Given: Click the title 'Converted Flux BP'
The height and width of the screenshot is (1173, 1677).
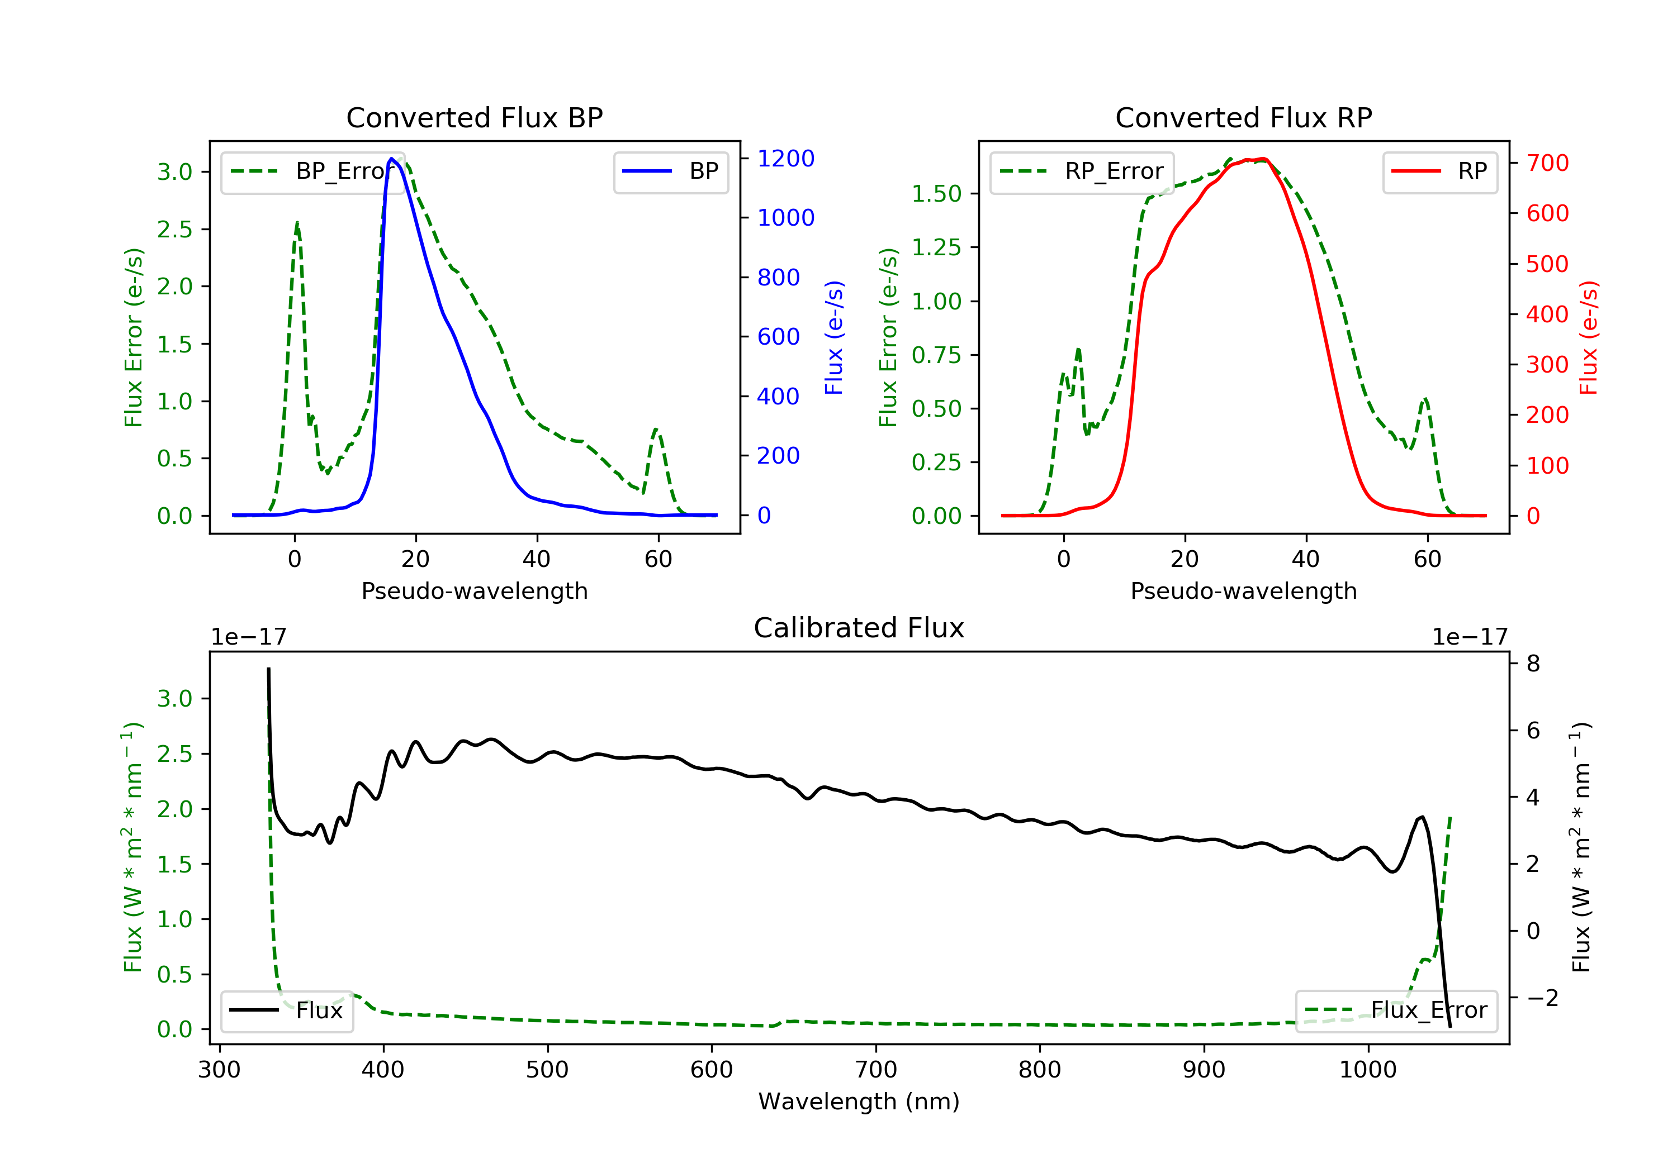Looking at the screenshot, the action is [474, 117].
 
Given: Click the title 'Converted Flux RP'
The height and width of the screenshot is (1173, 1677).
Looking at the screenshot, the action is [1243, 117].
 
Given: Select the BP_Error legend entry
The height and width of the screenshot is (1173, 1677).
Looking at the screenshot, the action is [312, 171].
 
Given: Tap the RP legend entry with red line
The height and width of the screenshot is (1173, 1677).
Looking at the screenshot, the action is [1439, 171].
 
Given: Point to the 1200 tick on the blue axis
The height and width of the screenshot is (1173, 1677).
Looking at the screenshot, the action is [785, 159].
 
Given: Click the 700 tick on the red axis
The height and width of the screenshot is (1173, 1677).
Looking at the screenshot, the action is [1547, 163].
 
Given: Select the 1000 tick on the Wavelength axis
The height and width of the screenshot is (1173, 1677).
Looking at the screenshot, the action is [1367, 1070].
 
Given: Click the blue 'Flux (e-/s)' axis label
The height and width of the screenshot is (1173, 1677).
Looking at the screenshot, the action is [834, 337].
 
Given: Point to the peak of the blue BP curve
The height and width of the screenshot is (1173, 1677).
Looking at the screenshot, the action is [392, 159].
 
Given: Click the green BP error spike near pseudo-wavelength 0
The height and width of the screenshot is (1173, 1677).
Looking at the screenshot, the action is [296, 223].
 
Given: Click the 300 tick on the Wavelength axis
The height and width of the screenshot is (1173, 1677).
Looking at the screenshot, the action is [219, 1070].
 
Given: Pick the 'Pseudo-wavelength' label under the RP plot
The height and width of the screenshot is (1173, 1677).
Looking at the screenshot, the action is [1243, 591].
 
